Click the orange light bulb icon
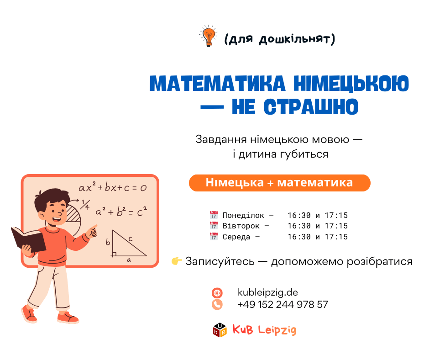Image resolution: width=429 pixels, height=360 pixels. coord(209,36)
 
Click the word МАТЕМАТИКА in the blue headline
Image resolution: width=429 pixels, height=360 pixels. coord(218,84)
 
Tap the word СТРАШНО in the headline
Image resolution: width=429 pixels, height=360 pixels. coord(311,107)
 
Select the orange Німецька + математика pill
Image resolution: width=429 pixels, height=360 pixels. coord(280,183)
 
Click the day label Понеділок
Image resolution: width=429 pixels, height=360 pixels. coord(243,215)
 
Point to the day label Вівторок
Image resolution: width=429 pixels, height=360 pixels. coord(241,226)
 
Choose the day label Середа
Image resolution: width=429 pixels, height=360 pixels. coord(236,237)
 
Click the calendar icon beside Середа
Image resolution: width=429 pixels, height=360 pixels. coord(214,237)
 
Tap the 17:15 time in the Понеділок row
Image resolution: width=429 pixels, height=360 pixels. coord(336,215)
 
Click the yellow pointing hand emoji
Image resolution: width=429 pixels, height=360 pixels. coord(177,261)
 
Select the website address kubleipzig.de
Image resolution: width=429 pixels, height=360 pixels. coord(267,292)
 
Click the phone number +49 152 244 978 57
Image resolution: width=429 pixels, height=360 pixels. coord(283,304)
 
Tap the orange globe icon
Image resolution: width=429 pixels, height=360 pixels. coord(217,293)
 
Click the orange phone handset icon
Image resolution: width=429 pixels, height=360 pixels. coord(217,304)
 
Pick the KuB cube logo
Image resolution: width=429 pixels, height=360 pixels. coord(220,330)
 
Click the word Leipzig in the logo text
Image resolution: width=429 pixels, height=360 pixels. coord(277,330)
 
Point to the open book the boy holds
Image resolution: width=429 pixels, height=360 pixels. coord(28,239)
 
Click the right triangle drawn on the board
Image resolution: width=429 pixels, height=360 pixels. coord(129,244)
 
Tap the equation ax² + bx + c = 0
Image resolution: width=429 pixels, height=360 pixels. coord(113,187)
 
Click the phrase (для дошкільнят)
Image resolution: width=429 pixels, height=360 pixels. coord(279,39)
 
